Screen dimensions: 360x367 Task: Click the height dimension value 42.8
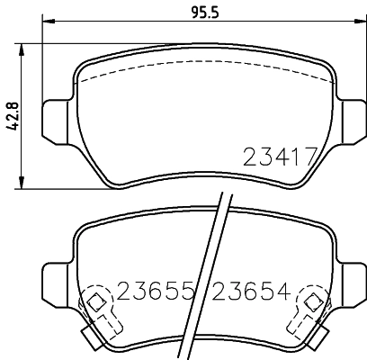pyautogui.click(x=12, y=114)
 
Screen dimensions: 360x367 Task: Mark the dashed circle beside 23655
pyautogui.click(x=94, y=301)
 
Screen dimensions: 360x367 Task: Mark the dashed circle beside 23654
pyautogui.click(x=314, y=301)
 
